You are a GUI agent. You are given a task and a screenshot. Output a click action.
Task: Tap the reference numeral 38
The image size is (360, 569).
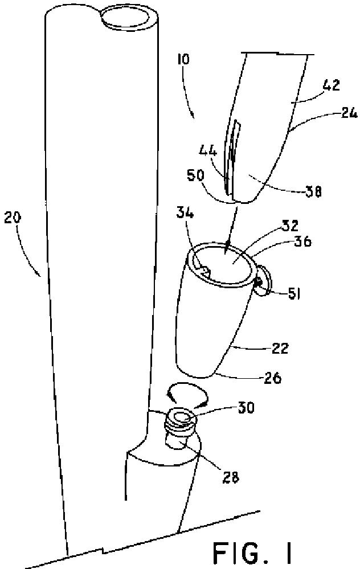click(313, 193)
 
